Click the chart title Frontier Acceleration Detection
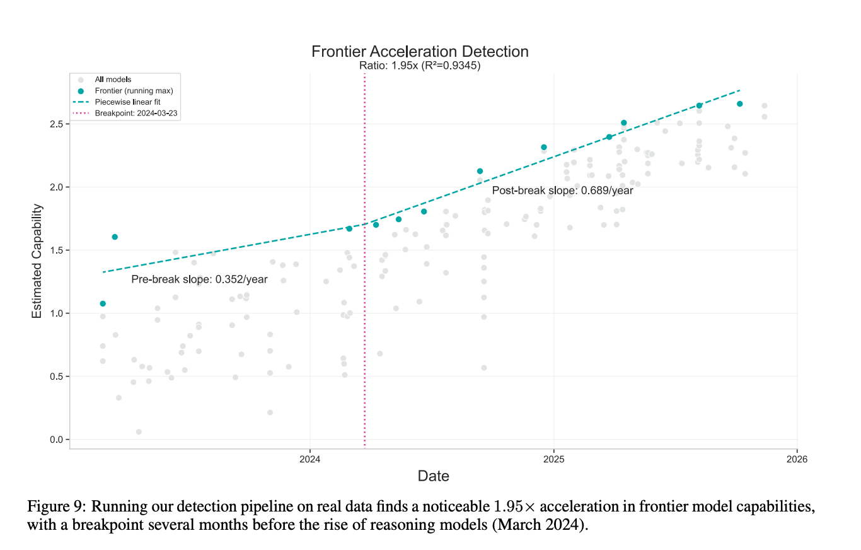(420, 51)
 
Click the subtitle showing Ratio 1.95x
(420, 66)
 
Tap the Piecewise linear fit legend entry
(129, 102)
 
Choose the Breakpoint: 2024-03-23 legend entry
(137, 113)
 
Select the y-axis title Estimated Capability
(38, 260)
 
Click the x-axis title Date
(434, 476)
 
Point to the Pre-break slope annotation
(200, 279)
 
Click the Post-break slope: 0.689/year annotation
(562, 190)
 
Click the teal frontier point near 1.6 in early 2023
(115, 237)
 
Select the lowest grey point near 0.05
(139, 432)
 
